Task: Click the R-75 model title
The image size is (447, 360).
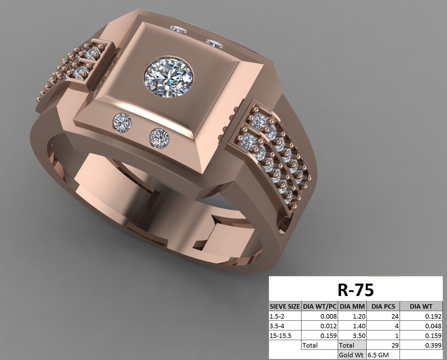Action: (x=355, y=290)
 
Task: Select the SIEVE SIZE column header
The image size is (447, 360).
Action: (x=285, y=306)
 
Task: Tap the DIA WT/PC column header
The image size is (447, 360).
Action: (x=320, y=306)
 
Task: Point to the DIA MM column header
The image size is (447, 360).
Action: (x=352, y=306)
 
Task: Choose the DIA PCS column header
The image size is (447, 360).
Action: (x=383, y=306)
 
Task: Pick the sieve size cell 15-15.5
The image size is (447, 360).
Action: (x=281, y=336)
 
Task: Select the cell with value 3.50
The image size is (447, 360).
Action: (x=359, y=336)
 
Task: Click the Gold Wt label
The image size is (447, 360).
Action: (x=352, y=355)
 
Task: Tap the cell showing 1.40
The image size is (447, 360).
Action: (x=359, y=326)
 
